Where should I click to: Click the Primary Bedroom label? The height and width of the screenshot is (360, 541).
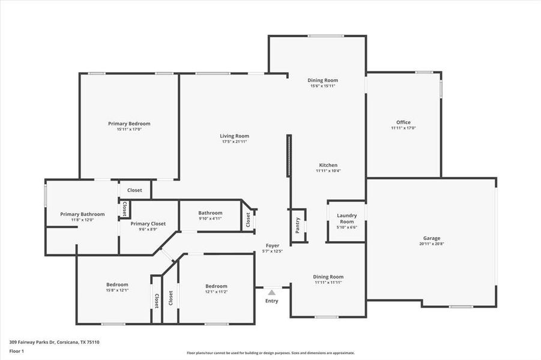129,124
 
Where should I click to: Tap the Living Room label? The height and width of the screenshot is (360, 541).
234,136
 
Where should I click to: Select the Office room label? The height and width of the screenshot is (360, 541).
403,122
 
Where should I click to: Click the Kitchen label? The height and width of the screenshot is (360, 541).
328,165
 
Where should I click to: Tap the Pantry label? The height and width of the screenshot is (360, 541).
298,226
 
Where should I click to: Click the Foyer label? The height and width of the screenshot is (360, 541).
273,245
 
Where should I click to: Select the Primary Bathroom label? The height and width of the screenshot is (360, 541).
82,214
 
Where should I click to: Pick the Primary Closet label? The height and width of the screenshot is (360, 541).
148,224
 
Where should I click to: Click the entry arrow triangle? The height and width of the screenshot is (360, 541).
272,292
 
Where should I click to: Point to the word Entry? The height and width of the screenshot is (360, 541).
272,301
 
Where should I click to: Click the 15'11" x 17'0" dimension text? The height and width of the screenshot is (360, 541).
129,130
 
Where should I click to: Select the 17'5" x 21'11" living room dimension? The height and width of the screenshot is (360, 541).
234,142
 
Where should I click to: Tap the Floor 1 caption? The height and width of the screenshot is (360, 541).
16,351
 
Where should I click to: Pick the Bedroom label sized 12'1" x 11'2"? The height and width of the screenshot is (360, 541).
216,286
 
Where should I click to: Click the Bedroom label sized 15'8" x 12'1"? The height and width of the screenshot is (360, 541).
117,284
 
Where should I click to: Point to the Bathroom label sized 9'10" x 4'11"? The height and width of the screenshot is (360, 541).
210,212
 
